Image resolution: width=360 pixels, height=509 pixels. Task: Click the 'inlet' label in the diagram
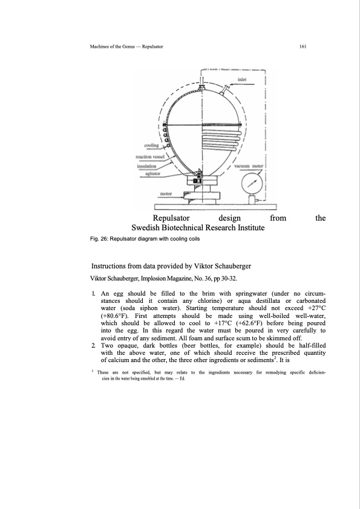point(242,79)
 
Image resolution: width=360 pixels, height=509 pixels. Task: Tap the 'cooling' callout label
point(151,145)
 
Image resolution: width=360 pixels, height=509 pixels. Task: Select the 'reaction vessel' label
point(150,157)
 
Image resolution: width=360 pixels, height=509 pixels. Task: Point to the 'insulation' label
point(146,166)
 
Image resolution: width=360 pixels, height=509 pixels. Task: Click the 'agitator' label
point(152,173)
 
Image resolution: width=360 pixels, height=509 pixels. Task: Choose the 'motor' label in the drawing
point(166,194)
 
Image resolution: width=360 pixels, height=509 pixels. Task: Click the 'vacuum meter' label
point(249,166)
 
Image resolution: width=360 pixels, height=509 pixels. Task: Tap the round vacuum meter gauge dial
point(251,183)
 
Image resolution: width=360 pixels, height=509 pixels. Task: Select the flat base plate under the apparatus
point(216,207)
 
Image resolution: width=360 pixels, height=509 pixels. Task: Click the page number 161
point(303,47)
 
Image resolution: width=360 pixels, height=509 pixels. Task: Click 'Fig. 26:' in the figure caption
point(99,239)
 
